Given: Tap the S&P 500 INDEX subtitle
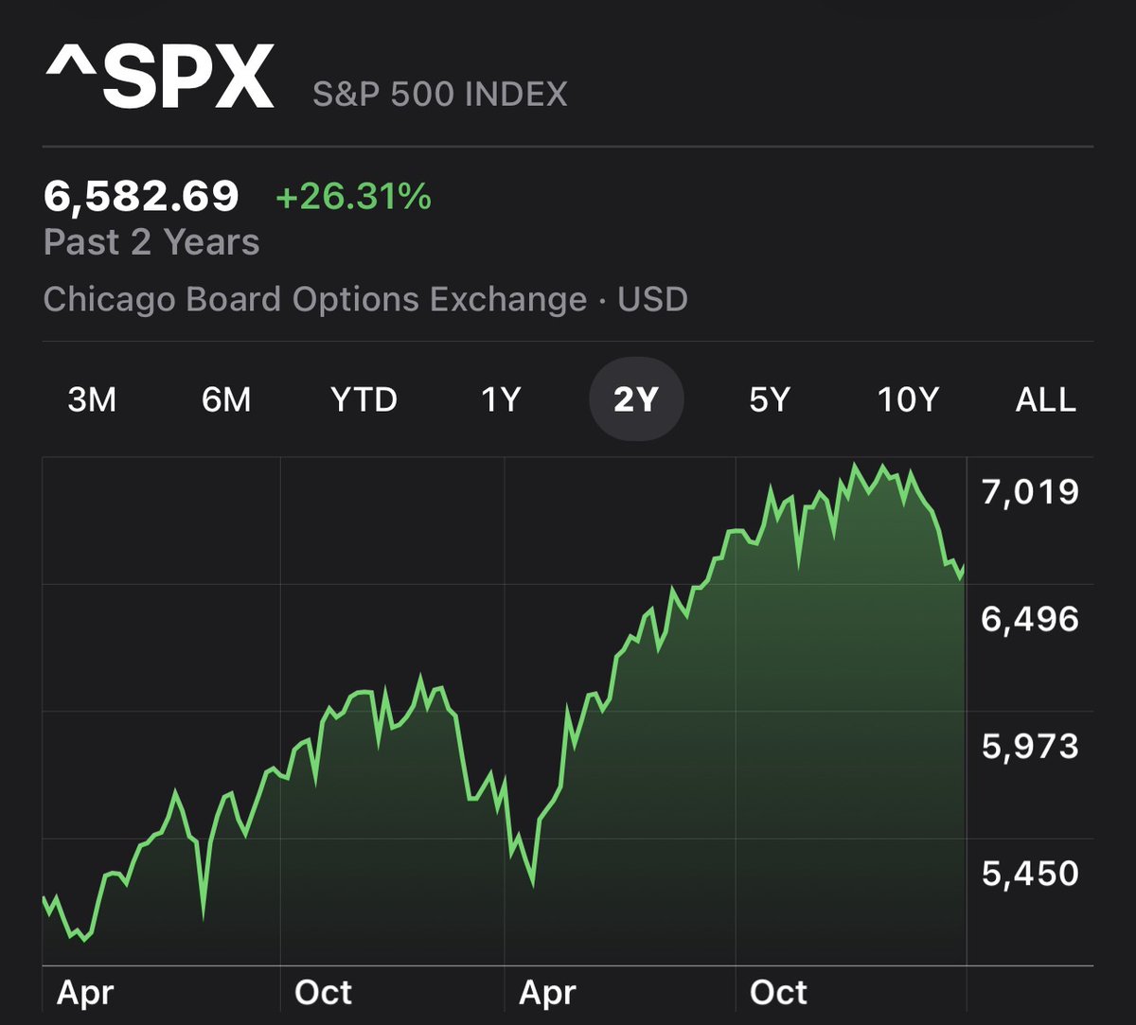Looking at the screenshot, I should (440, 95).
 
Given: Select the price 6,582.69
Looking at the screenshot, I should (141, 197).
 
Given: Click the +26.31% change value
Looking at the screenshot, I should (353, 198).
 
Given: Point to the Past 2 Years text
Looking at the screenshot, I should (151, 242).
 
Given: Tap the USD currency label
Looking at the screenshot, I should (652, 299).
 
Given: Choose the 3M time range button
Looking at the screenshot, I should (92, 400).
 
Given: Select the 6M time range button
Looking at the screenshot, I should (226, 400).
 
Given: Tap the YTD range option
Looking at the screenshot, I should (364, 400).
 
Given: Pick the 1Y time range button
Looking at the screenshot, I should (501, 400).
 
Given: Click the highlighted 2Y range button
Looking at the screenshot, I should (635, 400).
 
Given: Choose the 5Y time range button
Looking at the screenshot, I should (769, 400).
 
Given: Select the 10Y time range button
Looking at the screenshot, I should (908, 400).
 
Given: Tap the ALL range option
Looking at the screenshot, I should (1046, 400).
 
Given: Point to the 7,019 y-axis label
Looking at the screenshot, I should (1030, 492).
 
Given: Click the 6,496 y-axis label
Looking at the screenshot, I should (1030, 619).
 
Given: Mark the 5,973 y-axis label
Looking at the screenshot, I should (1030, 746).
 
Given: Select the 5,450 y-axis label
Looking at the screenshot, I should (1030, 873).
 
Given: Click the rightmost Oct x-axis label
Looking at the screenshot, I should (778, 993).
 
